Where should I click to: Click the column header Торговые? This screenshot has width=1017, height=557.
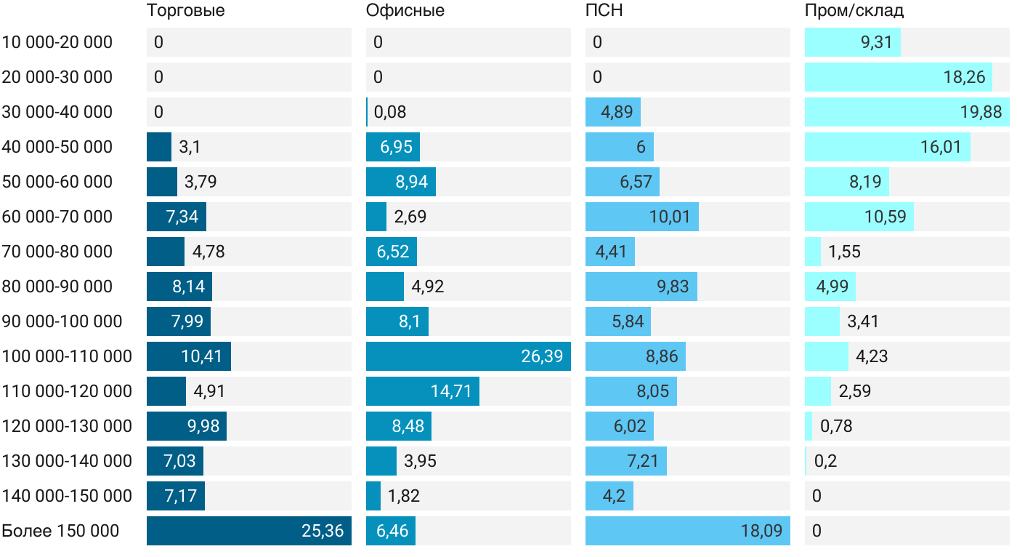[x=185, y=11]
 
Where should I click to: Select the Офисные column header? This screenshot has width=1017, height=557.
[x=405, y=11]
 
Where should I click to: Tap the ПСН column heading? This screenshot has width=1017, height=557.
[x=604, y=11]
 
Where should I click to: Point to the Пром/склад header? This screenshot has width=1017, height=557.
[x=854, y=11]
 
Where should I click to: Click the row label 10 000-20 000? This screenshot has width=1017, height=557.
[x=57, y=42]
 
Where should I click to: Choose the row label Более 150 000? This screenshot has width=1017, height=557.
[x=60, y=531]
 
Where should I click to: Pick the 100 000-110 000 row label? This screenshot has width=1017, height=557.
[x=67, y=356]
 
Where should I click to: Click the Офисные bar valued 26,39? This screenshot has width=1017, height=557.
[x=468, y=356]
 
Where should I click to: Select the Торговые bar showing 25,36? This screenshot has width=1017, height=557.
[x=248, y=531]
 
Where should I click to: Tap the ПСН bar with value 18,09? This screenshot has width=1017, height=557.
[x=686, y=531]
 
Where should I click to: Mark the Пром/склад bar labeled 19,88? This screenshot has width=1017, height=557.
[x=907, y=112]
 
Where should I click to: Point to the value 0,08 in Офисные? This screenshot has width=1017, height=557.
[x=390, y=112]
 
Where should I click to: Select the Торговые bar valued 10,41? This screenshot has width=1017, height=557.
[x=189, y=356]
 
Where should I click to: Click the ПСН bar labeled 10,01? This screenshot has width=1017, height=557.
[x=642, y=217]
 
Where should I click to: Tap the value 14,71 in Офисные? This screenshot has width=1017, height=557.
[x=451, y=391]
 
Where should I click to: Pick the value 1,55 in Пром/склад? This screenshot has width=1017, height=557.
[x=844, y=252]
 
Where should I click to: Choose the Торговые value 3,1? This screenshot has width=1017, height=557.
[x=190, y=147]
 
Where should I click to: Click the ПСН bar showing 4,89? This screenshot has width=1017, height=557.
[x=613, y=112]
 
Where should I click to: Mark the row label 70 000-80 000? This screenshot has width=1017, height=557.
[x=57, y=252]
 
